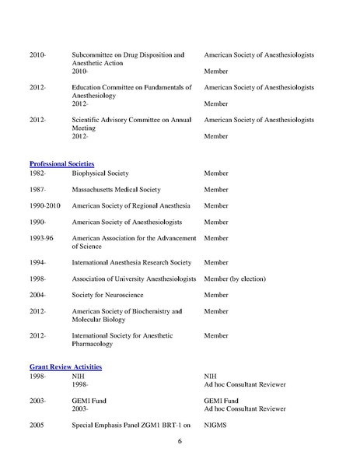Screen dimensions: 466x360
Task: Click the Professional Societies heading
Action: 61,163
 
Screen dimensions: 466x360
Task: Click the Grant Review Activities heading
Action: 66,366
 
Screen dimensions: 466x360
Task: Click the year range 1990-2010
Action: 44,205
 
